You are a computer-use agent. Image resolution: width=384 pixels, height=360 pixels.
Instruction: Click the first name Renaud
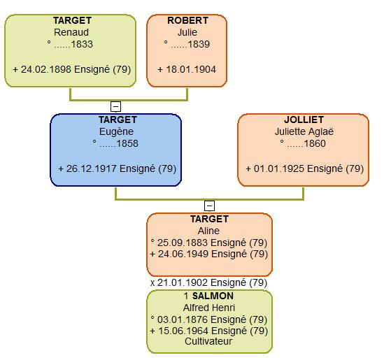pyautogui.click(x=71, y=32)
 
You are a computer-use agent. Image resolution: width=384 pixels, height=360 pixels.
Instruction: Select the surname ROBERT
pyautogui.click(x=188, y=20)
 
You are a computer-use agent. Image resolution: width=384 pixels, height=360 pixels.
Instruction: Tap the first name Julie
pyautogui.click(x=187, y=32)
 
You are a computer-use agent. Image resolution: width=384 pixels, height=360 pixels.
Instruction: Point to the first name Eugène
pyautogui.click(x=116, y=131)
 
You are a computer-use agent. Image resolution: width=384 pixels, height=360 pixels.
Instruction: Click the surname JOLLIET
pyautogui.click(x=304, y=120)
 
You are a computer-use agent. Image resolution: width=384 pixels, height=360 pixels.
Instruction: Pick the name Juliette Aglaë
pyautogui.click(x=304, y=131)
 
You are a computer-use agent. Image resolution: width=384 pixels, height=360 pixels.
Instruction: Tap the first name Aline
pyautogui.click(x=208, y=231)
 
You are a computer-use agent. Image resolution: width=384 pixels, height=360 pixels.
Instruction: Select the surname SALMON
pyautogui.click(x=213, y=296)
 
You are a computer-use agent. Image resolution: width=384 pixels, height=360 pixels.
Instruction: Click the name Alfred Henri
pyautogui.click(x=209, y=308)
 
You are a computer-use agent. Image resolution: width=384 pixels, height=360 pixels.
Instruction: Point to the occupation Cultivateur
pyautogui.click(x=208, y=341)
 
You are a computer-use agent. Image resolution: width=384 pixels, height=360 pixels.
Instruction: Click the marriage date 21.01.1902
pyautogui.click(x=183, y=282)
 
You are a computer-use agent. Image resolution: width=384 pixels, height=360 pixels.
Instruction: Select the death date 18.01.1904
pyautogui.click(x=191, y=69)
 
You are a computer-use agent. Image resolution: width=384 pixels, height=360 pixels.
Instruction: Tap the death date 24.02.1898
pyautogui.click(x=46, y=69)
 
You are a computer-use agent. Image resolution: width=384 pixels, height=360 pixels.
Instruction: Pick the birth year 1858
pyautogui.click(x=127, y=144)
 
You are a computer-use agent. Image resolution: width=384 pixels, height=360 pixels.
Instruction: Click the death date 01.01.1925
pyautogui.click(x=279, y=169)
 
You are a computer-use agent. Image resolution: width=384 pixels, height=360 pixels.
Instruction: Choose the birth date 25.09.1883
pyautogui.click(x=183, y=243)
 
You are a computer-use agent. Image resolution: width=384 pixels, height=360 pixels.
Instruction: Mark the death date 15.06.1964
pyautogui.click(x=184, y=331)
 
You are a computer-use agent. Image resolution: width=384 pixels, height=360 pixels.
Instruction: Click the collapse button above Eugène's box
pyautogui.click(x=116, y=107)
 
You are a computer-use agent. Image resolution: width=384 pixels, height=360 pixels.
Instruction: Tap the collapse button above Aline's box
pyautogui.click(x=209, y=206)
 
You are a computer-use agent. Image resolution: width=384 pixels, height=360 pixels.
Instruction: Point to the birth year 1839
pyautogui.click(x=199, y=44)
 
